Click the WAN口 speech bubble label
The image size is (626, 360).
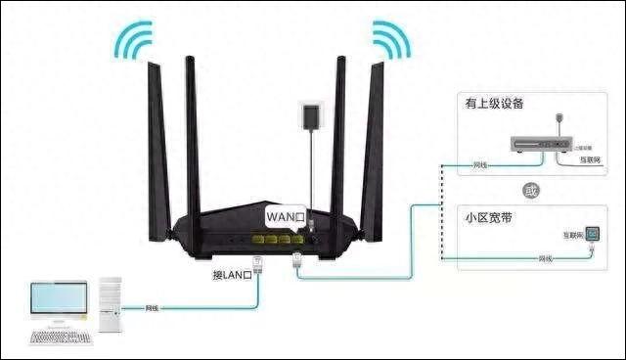[286, 213]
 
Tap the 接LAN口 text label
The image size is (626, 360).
[231, 274]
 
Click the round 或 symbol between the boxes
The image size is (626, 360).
[529, 190]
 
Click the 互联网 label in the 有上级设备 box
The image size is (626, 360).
[588, 157]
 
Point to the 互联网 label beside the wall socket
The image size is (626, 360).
[570, 236]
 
